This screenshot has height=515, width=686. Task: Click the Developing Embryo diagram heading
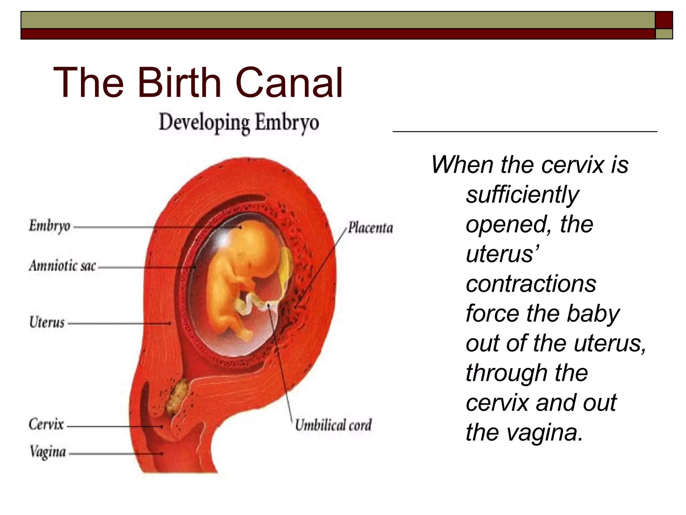coord(238,123)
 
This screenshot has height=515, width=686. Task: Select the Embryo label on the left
coord(50,226)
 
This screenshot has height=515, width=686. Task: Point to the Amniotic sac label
coord(63,266)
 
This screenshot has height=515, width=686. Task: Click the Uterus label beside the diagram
coord(47,322)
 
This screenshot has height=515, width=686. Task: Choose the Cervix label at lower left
coord(46,424)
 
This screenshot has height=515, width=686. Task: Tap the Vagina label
coord(48,452)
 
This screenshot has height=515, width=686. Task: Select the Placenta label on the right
coord(370,228)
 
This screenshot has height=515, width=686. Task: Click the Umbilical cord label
coord(333,425)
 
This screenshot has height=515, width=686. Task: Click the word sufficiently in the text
coord(522,195)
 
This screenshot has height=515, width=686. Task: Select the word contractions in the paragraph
coord(531,284)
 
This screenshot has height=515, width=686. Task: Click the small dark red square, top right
coord(664,20)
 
